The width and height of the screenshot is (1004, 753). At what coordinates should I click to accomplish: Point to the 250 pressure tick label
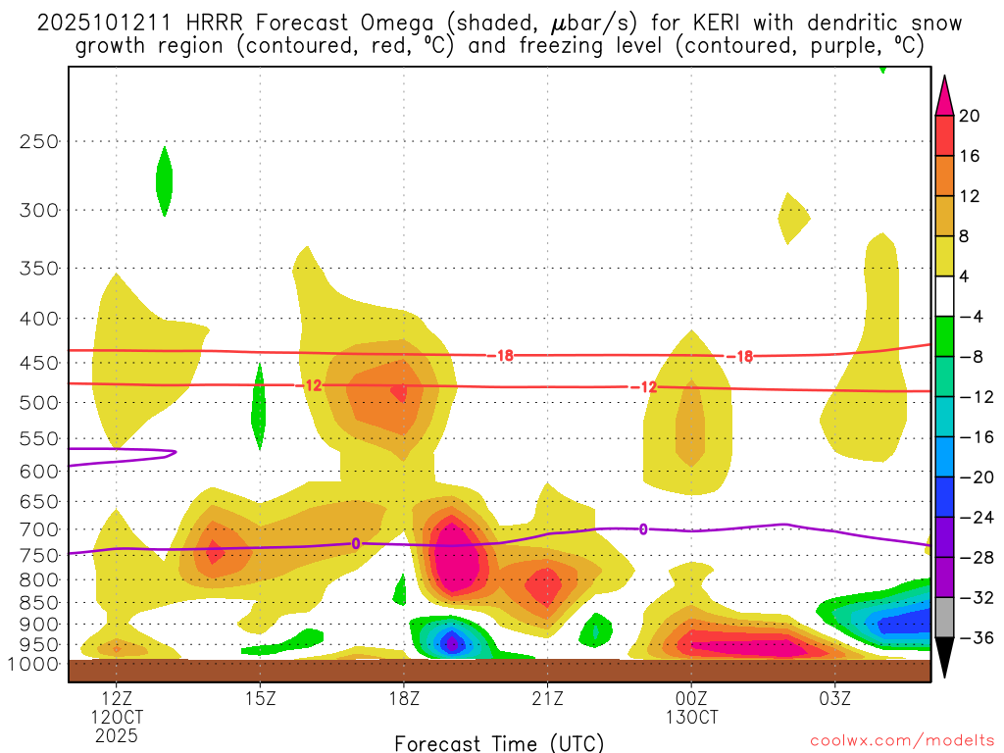[x=38, y=142]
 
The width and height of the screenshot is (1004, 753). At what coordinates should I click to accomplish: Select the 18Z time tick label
[x=404, y=699]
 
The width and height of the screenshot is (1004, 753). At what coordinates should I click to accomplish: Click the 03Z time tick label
[x=834, y=699]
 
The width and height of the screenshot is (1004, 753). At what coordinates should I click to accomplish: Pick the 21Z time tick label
[x=547, y=699]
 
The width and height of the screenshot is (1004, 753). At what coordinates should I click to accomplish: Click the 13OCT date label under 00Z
[x=691, y=717]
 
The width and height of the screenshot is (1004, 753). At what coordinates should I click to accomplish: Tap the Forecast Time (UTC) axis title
[x=499, y=742]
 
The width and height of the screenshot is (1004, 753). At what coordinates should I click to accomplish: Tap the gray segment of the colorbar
[x=944, y=618]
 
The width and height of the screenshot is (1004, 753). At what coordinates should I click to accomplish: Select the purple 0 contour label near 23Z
[x=643, y=529]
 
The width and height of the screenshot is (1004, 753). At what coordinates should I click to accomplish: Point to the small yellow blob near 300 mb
[x=792, y=217]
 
